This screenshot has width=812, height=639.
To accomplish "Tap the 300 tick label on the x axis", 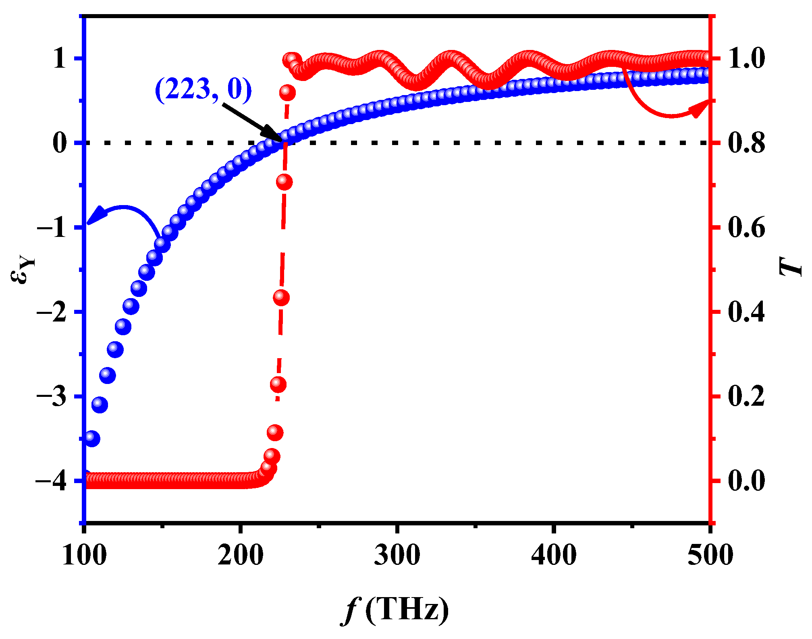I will [397, 556].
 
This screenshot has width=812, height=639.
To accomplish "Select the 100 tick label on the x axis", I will [84, 556].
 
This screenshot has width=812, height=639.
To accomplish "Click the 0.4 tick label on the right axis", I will [746, 312].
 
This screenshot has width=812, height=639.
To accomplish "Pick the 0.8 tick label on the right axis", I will [746, 143].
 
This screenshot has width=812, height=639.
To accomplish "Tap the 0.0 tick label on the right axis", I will [746, 481].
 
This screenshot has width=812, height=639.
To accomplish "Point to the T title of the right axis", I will [791, 267].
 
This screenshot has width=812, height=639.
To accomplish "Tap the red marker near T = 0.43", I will [281, 298].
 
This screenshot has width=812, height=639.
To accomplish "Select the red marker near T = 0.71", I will [284, 182].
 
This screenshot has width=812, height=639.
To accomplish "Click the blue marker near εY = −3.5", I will [92, 438].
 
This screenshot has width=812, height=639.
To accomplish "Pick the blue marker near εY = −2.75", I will [108, 376].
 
